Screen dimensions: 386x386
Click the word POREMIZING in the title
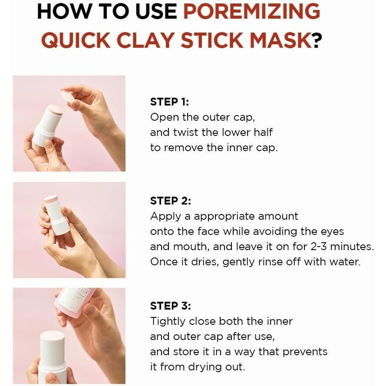[251, 11]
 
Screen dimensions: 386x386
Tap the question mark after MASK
[317, 40]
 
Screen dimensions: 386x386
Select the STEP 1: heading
[170, 102]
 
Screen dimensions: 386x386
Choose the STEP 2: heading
[171, 201]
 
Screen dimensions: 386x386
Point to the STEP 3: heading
[171, 306]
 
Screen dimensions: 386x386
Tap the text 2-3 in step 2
[318, 247]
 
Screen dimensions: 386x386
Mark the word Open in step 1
[165, 118]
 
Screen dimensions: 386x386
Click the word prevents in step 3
[305, 352]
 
